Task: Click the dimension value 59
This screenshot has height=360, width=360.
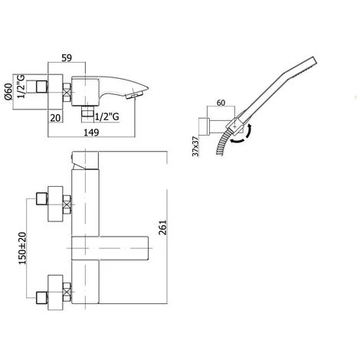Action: point(67,58)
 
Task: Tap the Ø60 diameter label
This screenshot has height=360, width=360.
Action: point(8,92)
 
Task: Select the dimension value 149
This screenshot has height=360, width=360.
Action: point(91,133)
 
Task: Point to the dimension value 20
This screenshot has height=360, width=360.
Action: point(55,118)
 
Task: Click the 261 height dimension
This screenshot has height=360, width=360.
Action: point(162,227)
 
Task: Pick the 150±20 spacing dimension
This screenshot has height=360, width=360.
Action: point(22,248)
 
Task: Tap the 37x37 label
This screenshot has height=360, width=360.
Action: point(195,146)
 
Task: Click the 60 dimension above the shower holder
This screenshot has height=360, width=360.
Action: point(221,103)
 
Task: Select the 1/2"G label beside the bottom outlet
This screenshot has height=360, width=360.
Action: point(106,117)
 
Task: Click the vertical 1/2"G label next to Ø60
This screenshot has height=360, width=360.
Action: point(21,87)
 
